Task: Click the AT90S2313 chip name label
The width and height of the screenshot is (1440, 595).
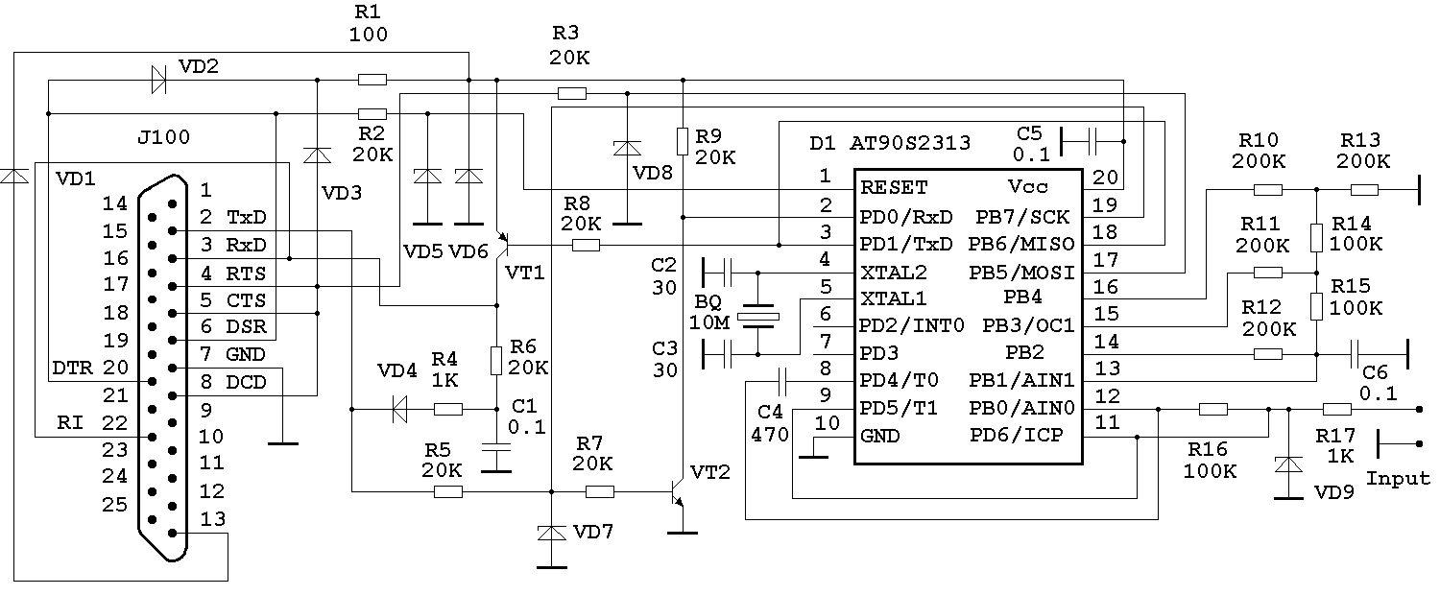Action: click(910, 144)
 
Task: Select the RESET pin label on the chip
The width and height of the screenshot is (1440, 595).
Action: click(894, 186)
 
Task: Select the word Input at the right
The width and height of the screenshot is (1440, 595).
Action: click(1398, 478)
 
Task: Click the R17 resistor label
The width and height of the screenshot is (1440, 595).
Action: click(1336, 436)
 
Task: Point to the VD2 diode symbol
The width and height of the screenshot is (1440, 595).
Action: click(158, 80)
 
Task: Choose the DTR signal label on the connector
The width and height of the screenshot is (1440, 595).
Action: click(72, 368)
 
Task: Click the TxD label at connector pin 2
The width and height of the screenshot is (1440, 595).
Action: click(247, 218)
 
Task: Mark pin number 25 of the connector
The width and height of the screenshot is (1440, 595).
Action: click(114, 504)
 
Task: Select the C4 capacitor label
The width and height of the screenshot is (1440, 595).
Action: click(771, 413)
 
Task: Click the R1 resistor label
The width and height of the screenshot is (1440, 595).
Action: click(370, 12)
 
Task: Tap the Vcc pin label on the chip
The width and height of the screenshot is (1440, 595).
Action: click(1028, 186)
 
